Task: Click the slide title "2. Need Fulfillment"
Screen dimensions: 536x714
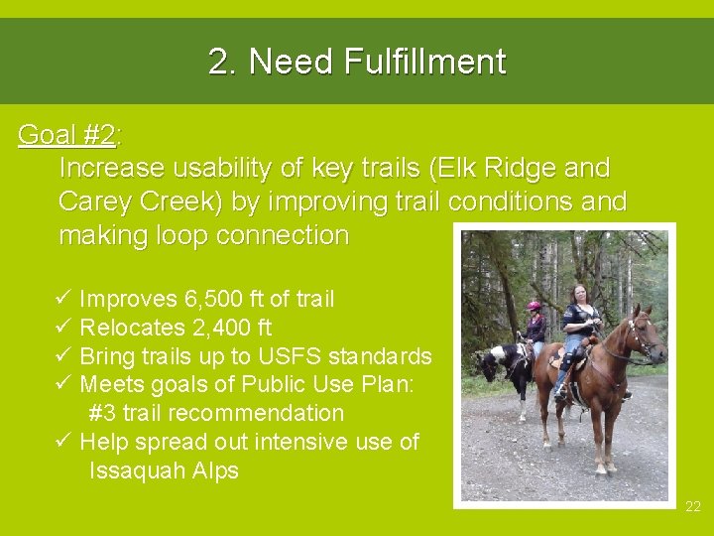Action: coord(357,62)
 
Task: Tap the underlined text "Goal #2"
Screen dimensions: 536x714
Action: coord(65,135)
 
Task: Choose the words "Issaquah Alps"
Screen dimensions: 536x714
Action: coord(164,470)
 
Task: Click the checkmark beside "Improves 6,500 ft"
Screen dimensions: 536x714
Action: coord(62,299)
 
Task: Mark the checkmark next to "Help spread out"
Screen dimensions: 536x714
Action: coord(62,442)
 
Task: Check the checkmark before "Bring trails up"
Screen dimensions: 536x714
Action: coord(62,356)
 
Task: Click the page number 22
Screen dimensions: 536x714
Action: coord(692,507)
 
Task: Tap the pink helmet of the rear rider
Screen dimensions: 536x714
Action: coord(535,306)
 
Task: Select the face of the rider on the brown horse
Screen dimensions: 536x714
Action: coord(579,295)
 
